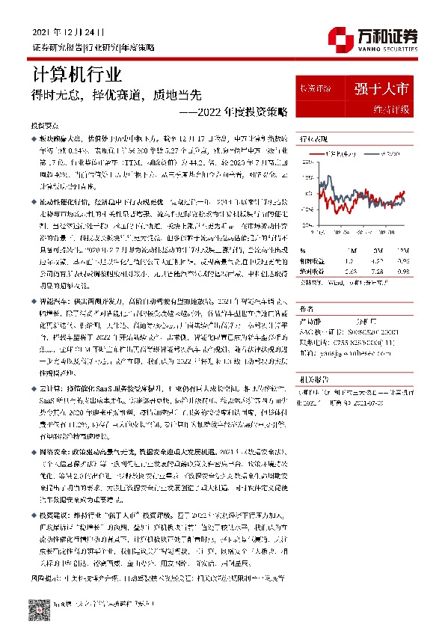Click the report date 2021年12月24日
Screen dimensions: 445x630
click(x=69, y=33)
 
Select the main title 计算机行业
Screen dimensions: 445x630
click(x=77, y=74)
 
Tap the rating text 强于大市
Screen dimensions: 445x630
click(x=381, y=89)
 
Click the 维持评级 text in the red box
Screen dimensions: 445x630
click(x=390, y=110)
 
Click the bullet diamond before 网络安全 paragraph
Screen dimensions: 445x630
click(x=34, y=453)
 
